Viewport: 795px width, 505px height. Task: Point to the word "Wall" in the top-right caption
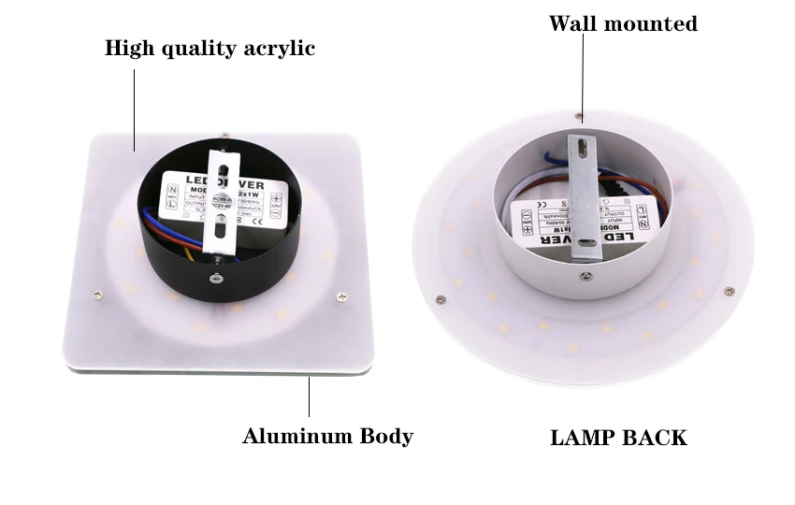pos(574,23)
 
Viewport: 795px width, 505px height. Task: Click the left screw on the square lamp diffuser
pos(96,295)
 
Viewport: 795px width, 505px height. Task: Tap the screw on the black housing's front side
pos(216,278)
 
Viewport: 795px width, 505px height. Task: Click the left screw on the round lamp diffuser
pos(441,299)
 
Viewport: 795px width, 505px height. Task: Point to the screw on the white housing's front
pos(584,276)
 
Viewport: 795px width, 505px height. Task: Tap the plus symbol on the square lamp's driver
pos(278,199)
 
